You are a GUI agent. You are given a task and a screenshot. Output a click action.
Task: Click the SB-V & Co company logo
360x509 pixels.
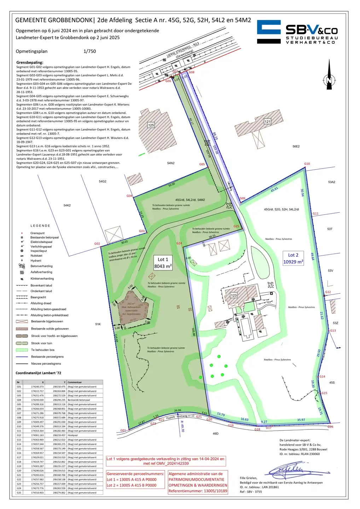click(x=297, y=32)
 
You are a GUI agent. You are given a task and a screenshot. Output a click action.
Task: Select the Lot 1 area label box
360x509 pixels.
click(x=163, y=263)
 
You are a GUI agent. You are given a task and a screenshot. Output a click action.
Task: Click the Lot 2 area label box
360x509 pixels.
click(x=293, y=258)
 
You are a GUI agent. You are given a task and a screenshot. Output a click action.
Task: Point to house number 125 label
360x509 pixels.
click(x=151, y=125)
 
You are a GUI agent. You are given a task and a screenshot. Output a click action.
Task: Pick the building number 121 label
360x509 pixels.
click(x=267, y=122)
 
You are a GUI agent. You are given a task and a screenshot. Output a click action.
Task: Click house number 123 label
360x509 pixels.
click(x=234, y=295)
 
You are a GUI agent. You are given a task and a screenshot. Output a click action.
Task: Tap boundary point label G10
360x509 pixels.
click(x=307, y=164)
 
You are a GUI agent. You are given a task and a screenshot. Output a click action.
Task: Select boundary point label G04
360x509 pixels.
click(x=129, y=196)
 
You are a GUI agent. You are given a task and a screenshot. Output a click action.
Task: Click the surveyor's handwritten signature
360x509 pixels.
click(x=286, y=470)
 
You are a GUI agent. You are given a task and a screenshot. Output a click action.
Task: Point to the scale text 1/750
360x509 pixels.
click(x=89, y=51)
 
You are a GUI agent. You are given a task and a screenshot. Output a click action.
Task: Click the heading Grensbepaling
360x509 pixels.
click(x=30, y=63)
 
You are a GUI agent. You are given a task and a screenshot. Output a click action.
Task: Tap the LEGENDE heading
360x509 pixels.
click(x=40, y=226)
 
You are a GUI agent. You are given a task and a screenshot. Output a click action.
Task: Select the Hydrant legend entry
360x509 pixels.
click(x=36, y=261)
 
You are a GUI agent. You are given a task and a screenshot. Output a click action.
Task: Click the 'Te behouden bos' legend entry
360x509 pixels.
click(x=42, y=350)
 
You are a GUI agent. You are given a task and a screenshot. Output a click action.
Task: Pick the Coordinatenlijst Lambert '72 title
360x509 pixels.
click(x=38, y=373)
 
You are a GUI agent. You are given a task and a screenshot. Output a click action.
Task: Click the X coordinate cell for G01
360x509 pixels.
click(x=37, y=387)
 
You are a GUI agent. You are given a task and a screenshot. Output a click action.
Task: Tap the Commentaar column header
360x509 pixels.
click(x=75, y=382)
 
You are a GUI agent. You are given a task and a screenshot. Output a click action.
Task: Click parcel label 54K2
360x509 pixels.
click(x=67, y=205)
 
